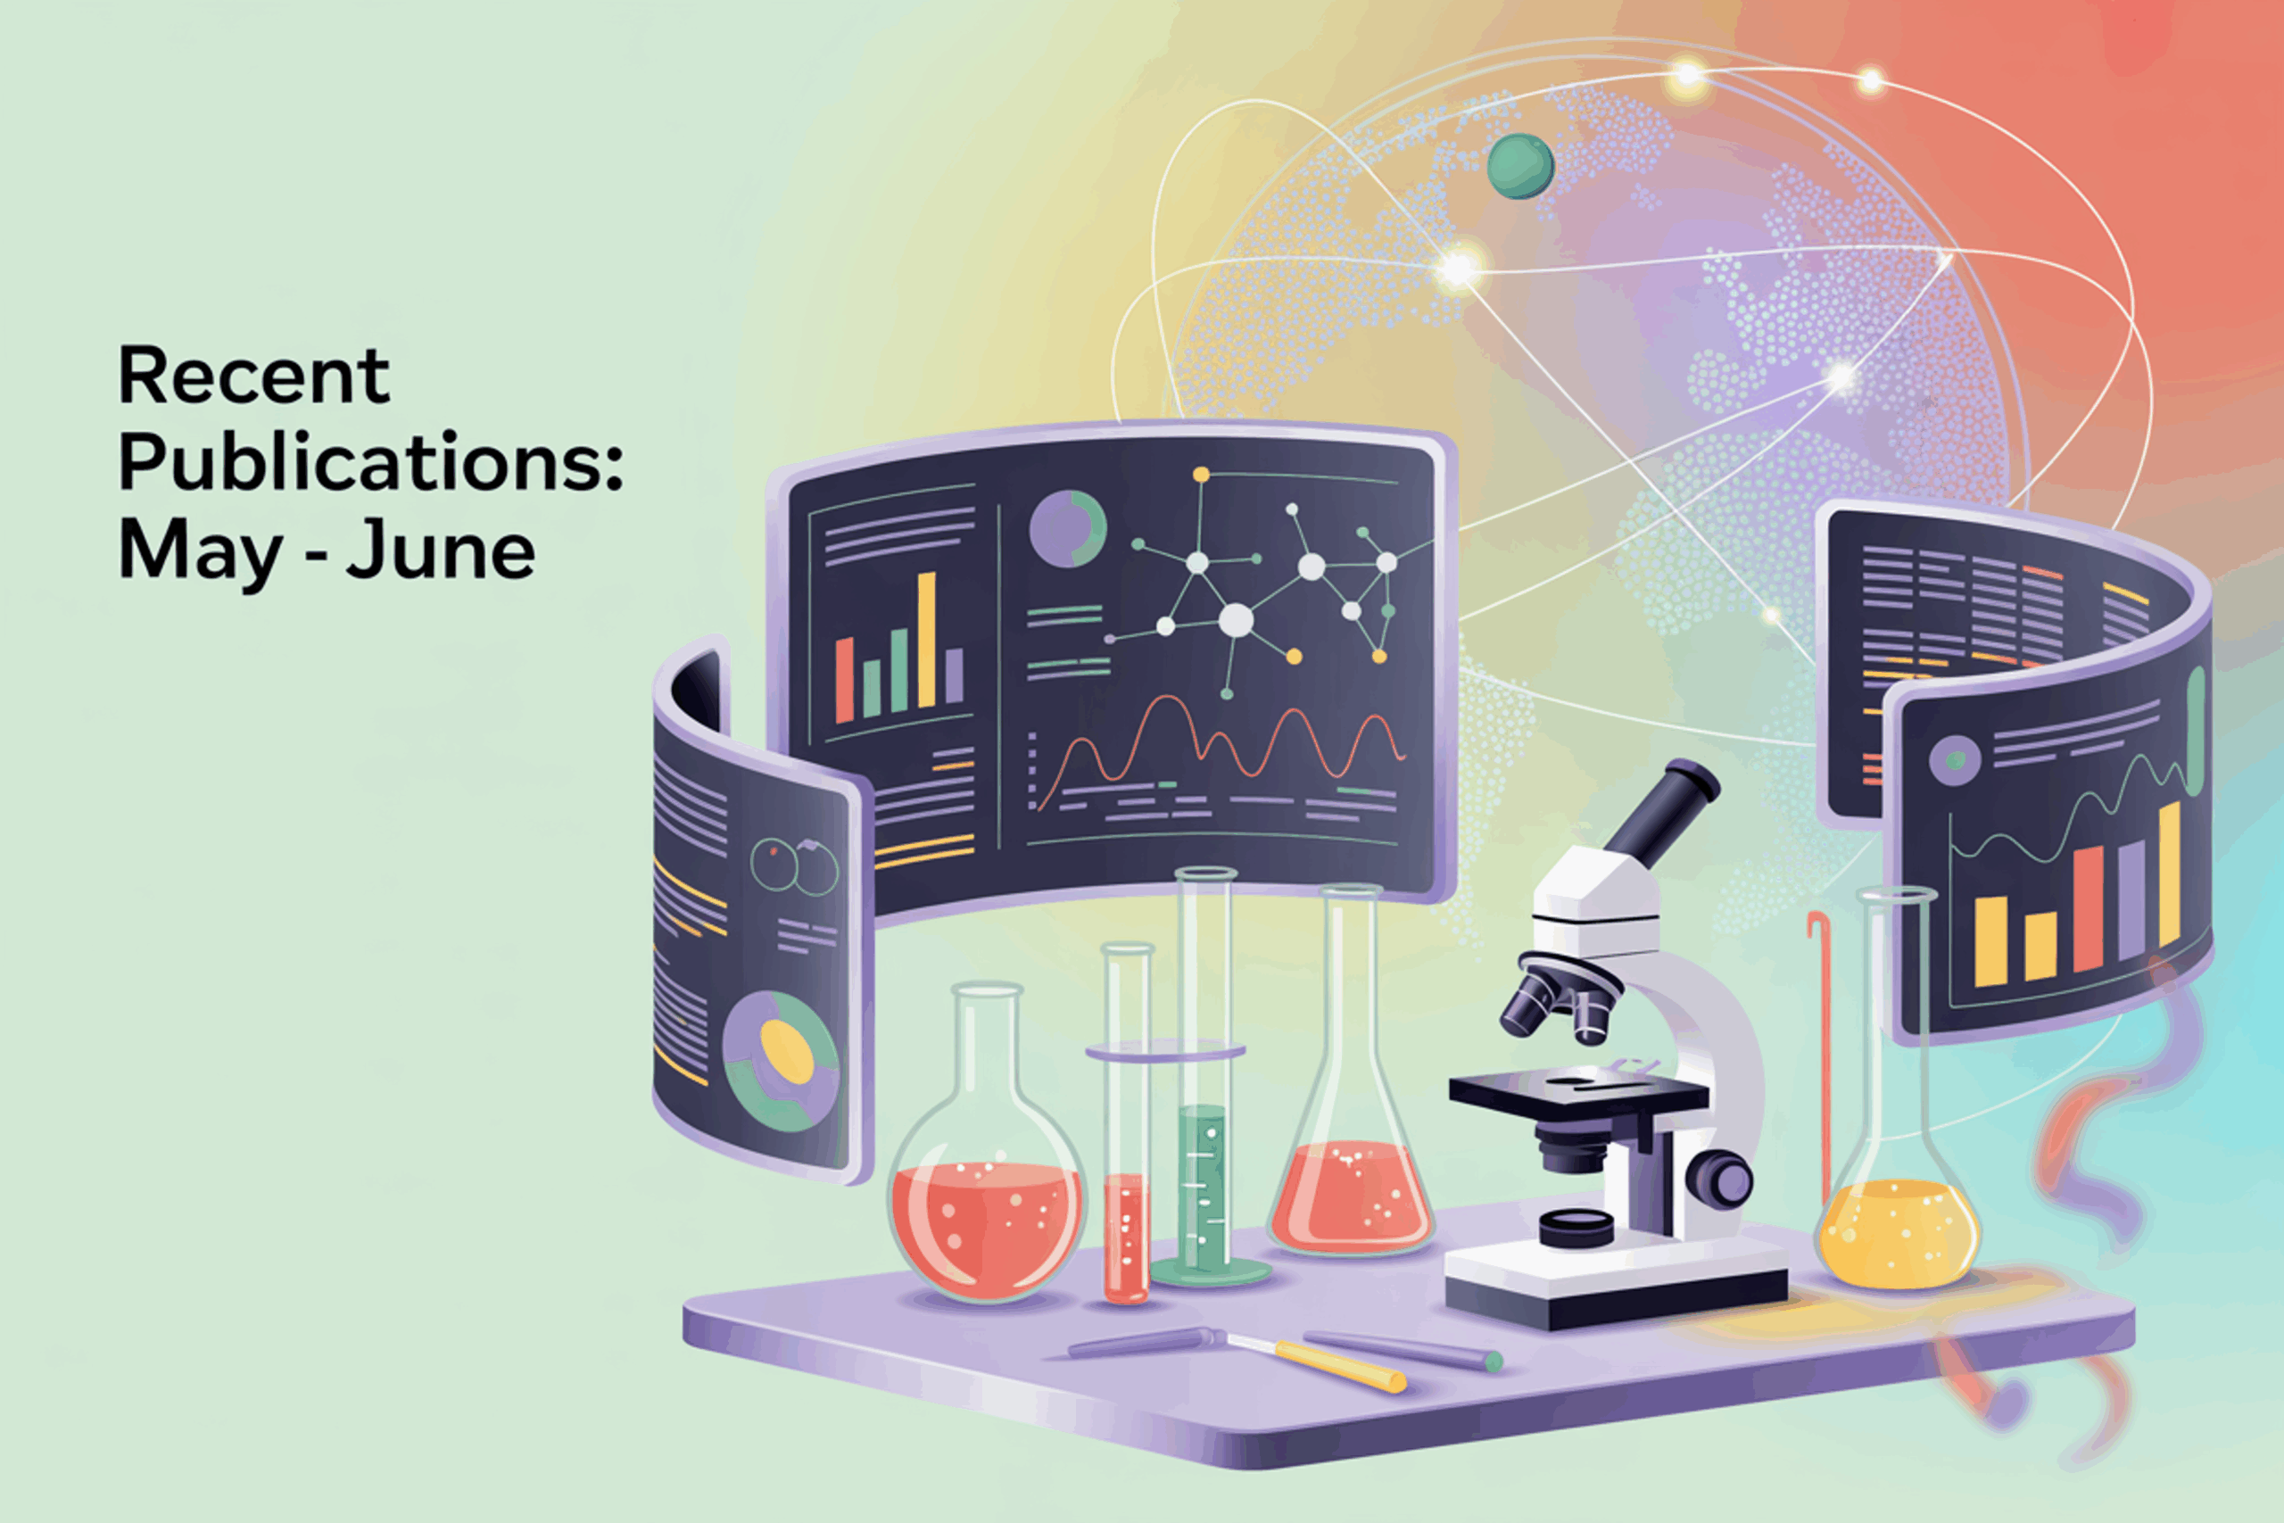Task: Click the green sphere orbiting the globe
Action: [1519, 166]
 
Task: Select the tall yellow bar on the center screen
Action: [926, 639]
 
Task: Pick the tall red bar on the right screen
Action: [2088, 908]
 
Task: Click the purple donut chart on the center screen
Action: [1067, 529]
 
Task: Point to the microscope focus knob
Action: [1720, 1180]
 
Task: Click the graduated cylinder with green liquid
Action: [1204, 1077]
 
